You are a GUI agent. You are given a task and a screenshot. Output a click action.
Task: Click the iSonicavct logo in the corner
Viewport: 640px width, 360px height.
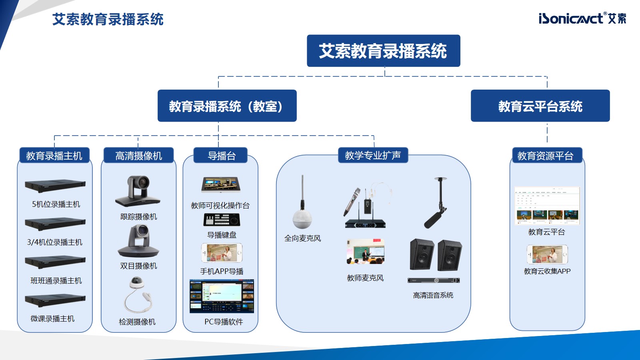[582, 18]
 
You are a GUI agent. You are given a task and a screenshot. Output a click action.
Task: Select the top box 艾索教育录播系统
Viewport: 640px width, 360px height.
[383, 51]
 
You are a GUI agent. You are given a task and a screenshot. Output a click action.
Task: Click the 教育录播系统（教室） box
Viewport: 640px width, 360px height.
[227, 106]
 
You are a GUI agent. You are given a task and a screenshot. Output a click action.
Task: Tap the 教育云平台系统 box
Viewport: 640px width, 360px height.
[540, 106]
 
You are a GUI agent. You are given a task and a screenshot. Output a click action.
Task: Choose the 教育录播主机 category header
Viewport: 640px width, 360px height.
[54, 156]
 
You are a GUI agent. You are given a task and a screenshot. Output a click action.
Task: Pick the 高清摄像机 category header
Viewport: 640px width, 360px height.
[138, 156]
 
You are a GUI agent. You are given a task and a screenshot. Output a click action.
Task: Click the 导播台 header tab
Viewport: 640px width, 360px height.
[221, 156]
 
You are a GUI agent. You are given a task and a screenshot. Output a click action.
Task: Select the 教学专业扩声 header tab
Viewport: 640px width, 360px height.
[373, 155]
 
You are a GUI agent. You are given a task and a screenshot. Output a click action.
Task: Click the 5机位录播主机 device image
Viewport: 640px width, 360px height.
[55, 186]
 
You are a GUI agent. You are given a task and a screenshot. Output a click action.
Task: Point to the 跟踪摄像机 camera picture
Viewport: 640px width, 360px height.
[138, 191]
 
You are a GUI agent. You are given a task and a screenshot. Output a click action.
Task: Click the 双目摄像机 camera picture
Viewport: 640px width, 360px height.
[138, 241]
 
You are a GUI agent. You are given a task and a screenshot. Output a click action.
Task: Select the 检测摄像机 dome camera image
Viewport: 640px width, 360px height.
[138, 296]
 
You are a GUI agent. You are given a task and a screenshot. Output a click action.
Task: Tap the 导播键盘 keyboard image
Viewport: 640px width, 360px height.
[222, 220]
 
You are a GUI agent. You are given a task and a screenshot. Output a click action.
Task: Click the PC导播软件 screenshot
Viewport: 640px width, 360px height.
[222, 296]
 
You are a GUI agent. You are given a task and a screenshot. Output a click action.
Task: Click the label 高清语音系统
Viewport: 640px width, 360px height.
[433, 295]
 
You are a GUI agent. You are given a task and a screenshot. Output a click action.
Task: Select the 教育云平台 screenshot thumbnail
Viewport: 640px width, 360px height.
[547, 206]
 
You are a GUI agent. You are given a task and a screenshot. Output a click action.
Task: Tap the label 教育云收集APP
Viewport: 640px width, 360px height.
[547, 271]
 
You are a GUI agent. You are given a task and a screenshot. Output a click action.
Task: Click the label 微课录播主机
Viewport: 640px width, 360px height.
[53, 318]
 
